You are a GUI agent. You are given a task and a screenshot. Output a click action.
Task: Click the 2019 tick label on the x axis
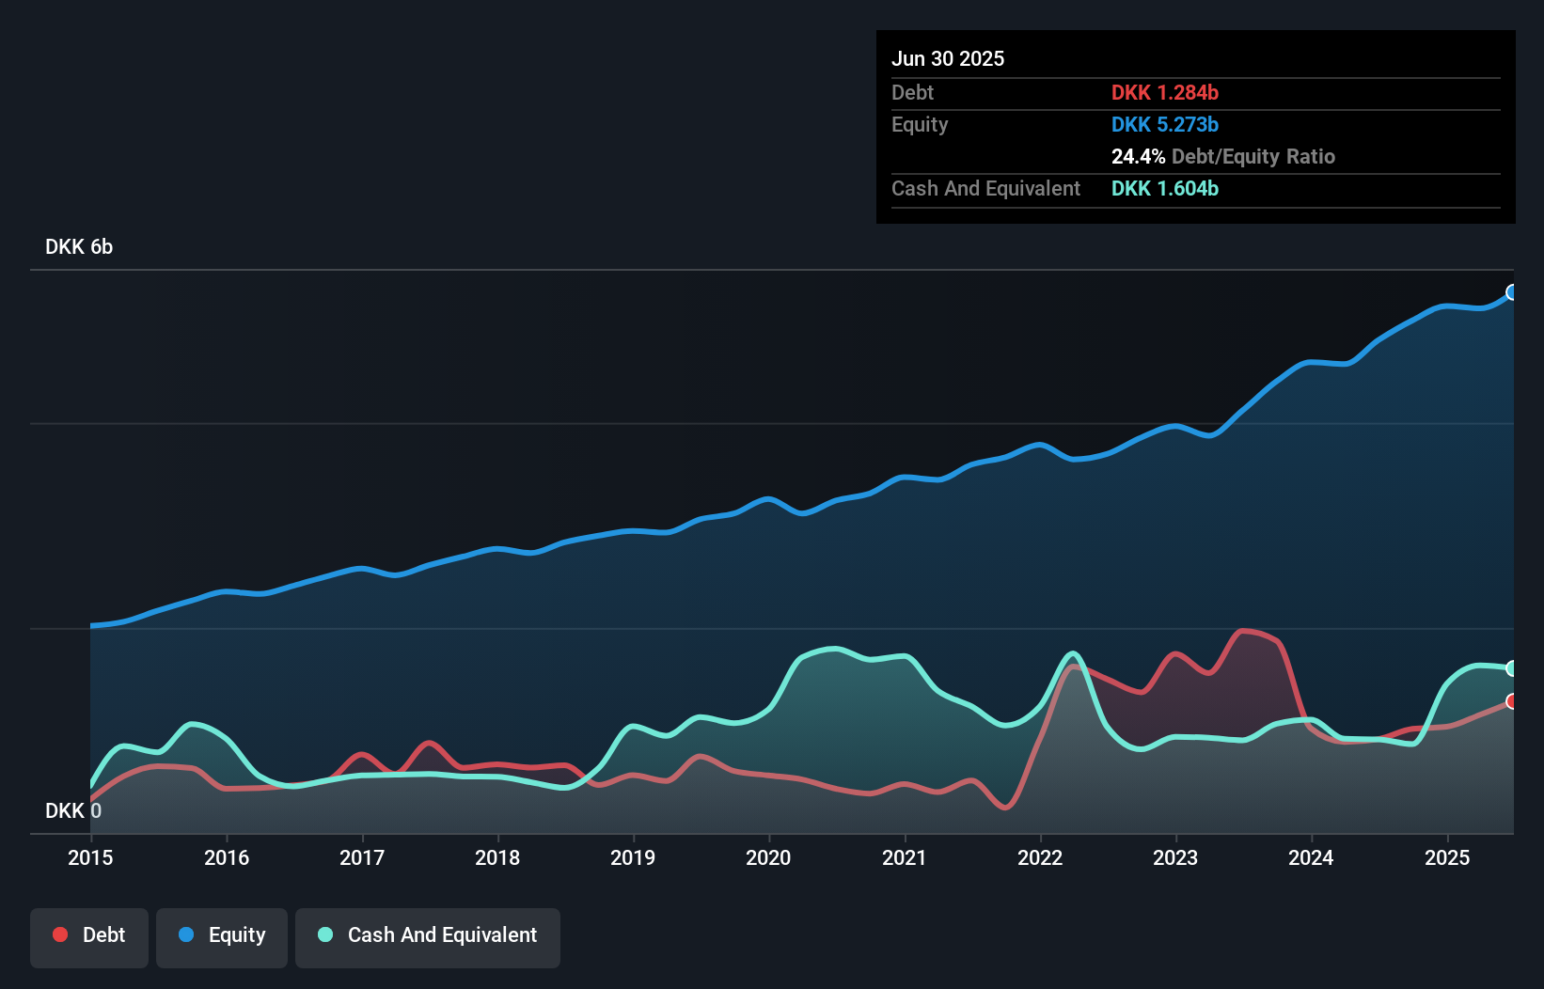pos(633,857)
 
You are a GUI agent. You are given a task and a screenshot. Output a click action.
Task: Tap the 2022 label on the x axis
pos(1040,857)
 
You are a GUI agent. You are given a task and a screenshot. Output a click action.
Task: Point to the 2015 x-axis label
pos(90,857)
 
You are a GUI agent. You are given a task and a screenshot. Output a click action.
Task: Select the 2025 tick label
pos(1446,857)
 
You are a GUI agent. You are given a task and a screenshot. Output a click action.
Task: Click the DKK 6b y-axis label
pos(79,246)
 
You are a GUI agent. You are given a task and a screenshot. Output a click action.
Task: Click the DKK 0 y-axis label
pos(73,810)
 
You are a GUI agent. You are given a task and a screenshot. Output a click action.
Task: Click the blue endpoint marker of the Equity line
pos(1512,292)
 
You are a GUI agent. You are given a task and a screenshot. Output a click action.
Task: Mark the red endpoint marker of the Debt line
pos(1512,701)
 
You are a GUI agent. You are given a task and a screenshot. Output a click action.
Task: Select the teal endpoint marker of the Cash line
pos(1512,668)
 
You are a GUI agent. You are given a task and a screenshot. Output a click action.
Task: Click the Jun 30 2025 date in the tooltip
pos(948,58)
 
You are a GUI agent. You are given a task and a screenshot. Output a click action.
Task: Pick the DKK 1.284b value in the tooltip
pos(1164,92)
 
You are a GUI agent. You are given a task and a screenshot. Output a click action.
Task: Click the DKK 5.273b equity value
pos(1164,124)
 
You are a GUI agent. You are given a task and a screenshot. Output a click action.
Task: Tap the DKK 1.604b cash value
pos(1164,188)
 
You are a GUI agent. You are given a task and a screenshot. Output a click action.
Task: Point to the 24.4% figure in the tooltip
pos(1138,156)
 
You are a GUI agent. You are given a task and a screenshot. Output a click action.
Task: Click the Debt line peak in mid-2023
pos(1243,631)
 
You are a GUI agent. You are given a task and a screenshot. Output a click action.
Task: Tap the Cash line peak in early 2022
pos(1073,653)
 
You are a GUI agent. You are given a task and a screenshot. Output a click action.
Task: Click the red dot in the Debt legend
pos(60,934)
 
